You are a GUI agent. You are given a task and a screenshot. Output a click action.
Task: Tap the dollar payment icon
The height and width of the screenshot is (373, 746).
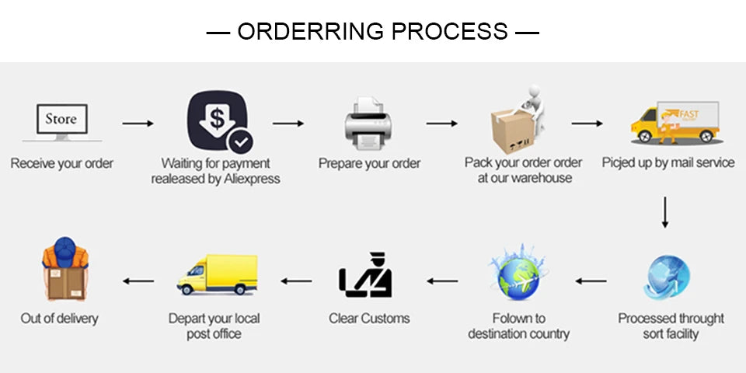point(217,120)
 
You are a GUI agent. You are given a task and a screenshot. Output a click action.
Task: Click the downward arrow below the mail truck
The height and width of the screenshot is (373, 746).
point(664,213)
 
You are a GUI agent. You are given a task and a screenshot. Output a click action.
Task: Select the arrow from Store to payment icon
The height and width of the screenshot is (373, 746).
point(138,124)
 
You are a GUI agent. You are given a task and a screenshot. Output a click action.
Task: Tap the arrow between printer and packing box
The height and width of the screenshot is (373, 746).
point(441,124)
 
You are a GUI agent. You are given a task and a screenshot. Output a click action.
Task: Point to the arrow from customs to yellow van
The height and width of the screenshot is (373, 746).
point(295,281)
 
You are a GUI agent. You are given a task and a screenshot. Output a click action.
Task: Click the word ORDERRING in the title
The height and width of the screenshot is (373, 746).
point(311,32)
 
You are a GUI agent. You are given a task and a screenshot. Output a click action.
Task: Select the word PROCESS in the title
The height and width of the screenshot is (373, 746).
point(449,32)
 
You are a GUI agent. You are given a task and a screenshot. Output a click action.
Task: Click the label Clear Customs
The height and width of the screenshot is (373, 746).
point(369,319)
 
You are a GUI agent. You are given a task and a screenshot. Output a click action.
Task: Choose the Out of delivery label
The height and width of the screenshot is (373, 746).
point(60,319)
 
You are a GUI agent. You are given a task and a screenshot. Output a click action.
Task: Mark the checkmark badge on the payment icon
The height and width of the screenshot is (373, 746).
point(240,141)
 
